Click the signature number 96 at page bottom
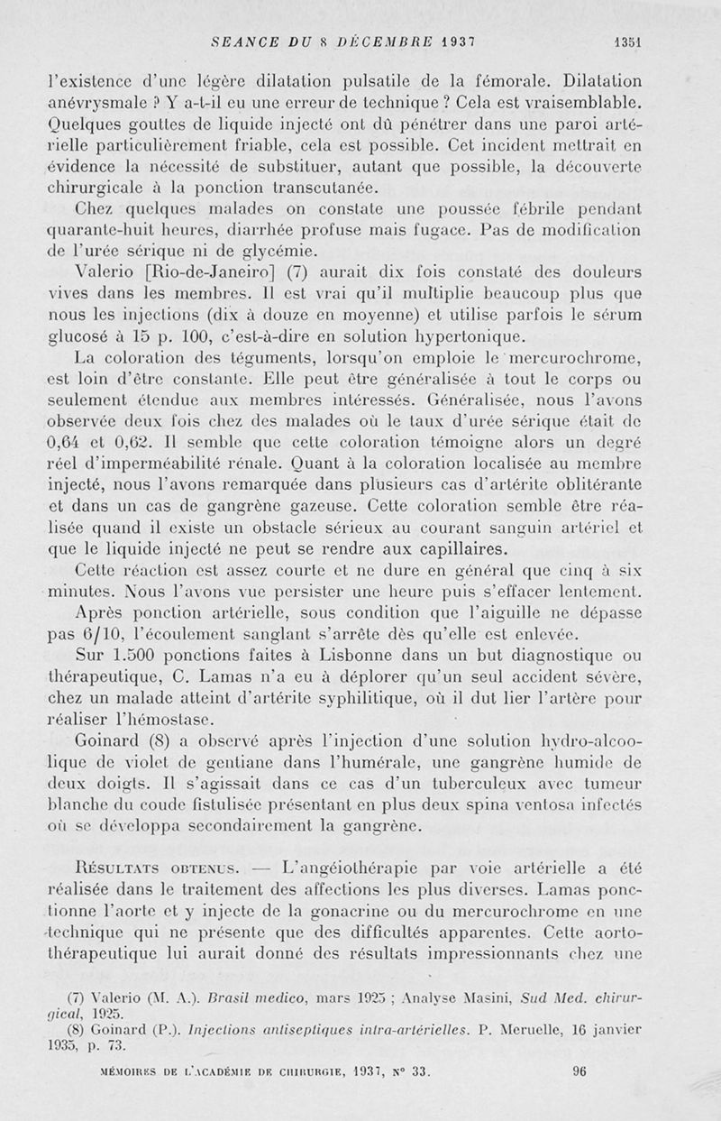[580, 1074]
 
